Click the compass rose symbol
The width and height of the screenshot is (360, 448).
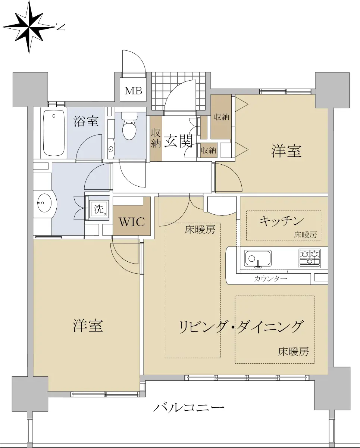[29, 27]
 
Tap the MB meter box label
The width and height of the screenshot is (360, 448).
[133, 91]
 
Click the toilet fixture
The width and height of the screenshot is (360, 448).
[129, 125]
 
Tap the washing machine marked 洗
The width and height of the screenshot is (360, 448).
[99, 210]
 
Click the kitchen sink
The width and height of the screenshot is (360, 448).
[258, 258]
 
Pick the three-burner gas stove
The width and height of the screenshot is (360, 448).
[310, 258]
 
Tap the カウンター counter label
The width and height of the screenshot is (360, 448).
[270, 279]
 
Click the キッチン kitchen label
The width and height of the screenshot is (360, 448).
[282, 221]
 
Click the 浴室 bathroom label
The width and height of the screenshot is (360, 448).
[86, 121]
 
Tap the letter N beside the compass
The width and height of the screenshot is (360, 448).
[60, 27]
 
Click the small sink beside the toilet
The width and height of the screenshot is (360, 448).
[111, 149]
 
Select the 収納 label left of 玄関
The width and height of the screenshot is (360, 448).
[156, 138]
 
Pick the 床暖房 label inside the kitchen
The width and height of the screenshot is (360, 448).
[305, 235]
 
